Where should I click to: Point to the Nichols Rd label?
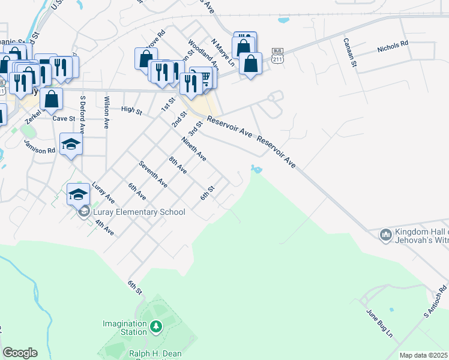tap(393, 44)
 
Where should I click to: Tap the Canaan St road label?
tap(350, 52)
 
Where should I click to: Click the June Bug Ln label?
tap(379, 323)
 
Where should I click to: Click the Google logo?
tap(20, 353)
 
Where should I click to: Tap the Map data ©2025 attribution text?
tap(423, 355)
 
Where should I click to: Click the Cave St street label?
tap(64, 119)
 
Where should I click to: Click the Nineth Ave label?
tap(194, 149)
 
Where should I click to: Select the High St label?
tap(131, 110)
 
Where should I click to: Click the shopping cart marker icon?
tap(205, 77)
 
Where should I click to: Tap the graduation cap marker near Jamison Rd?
tap(71, 144)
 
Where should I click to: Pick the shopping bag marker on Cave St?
tap(52, 99)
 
